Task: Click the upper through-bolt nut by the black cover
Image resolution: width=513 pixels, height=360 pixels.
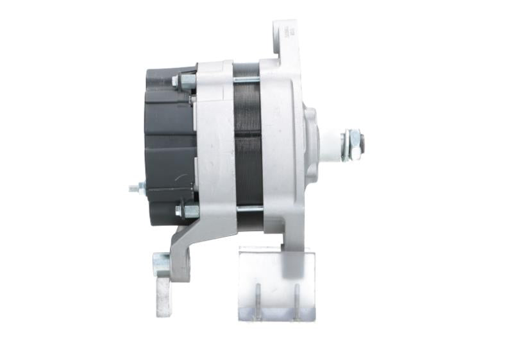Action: click(x=187, y=81)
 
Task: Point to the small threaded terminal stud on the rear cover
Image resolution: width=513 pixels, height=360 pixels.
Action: click(x=135, y=188)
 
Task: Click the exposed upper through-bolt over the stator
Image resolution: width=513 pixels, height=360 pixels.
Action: click(x=247, y=80)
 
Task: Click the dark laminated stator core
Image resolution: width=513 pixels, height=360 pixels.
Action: click(x=248, y=144)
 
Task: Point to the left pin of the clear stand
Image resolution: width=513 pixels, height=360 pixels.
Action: click(x=258, y=300)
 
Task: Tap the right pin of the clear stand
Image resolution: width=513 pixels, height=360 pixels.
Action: click(x=296, y=300)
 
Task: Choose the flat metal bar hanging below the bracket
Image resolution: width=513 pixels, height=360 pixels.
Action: click(x=164, y=295)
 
